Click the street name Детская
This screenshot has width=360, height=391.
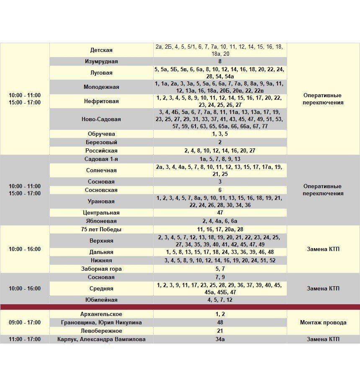tap(101, 50)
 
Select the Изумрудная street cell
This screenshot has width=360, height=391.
tap(101, 62)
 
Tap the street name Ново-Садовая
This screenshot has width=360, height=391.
tap(101, 119)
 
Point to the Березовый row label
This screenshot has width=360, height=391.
tap(101, 142)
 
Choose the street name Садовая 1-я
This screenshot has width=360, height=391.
tap(101, 159)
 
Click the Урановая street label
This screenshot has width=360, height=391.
tap(101, 202)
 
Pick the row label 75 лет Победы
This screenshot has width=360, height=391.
tap(101, 230)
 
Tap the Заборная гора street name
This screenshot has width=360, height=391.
tap(101, 269)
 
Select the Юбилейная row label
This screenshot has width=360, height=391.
tap(101, 300)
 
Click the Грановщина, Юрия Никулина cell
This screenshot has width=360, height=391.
tap(101, 323)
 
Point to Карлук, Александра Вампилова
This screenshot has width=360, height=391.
tap(101, 339)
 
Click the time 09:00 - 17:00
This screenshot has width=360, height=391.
tap(25, 323)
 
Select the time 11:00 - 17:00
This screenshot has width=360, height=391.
tap(25, 339)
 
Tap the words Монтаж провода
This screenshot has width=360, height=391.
tap(323, 323)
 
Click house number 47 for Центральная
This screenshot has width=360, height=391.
tap(220, 213)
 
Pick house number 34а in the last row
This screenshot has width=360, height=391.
tap(220, 339)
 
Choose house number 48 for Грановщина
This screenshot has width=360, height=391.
tap(220, 323)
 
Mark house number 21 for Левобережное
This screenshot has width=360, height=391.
tap(220, 331)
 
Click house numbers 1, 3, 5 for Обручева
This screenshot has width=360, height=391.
tap(220, 134)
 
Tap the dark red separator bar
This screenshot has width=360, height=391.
tap(180, 307)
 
